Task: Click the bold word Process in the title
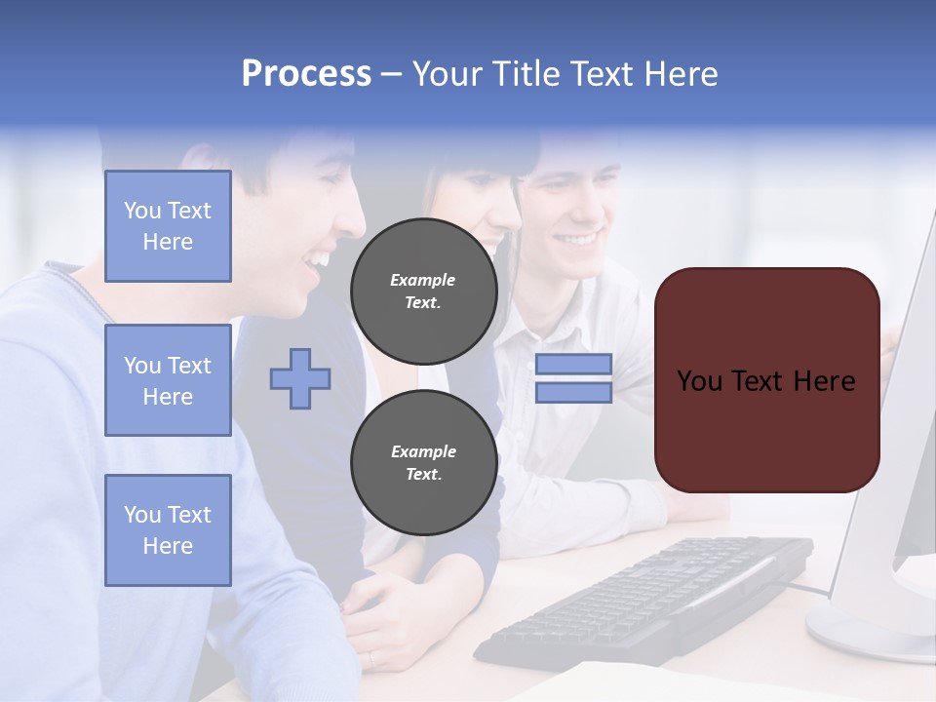click(x=306, y=74)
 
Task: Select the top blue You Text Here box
click(x=168, y=226)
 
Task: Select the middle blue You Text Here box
click(x=168, y=380)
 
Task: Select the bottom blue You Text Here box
click(x=168, y=530)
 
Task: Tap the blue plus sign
click(x=300, y=378)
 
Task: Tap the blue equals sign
click(x=573, y=378)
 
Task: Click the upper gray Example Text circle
click(x=423, y=292)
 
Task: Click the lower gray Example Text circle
click(x=423, y=463)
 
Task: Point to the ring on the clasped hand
click(x=371, y=659)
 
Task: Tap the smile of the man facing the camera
click(x=578, y=239)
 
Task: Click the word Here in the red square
click(x=824, y=380)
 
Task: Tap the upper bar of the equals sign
click(x=573, y=365)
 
